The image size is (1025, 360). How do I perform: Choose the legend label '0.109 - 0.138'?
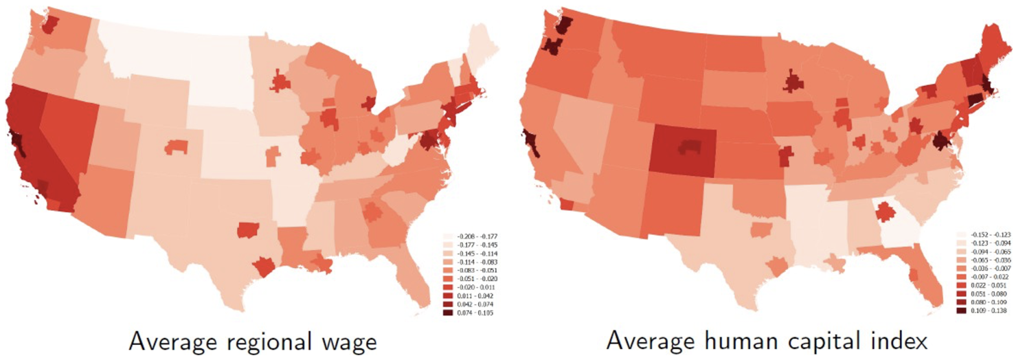point(987,311)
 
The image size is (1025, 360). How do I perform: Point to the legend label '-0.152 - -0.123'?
point(987,235)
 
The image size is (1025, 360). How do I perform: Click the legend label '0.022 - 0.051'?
point(987,285)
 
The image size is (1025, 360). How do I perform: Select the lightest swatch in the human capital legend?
point(961,235)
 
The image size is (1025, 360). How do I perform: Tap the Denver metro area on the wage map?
point(177,146)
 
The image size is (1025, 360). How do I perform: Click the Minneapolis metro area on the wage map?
point(280,83)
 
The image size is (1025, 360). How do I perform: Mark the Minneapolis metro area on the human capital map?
point(793,83)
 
